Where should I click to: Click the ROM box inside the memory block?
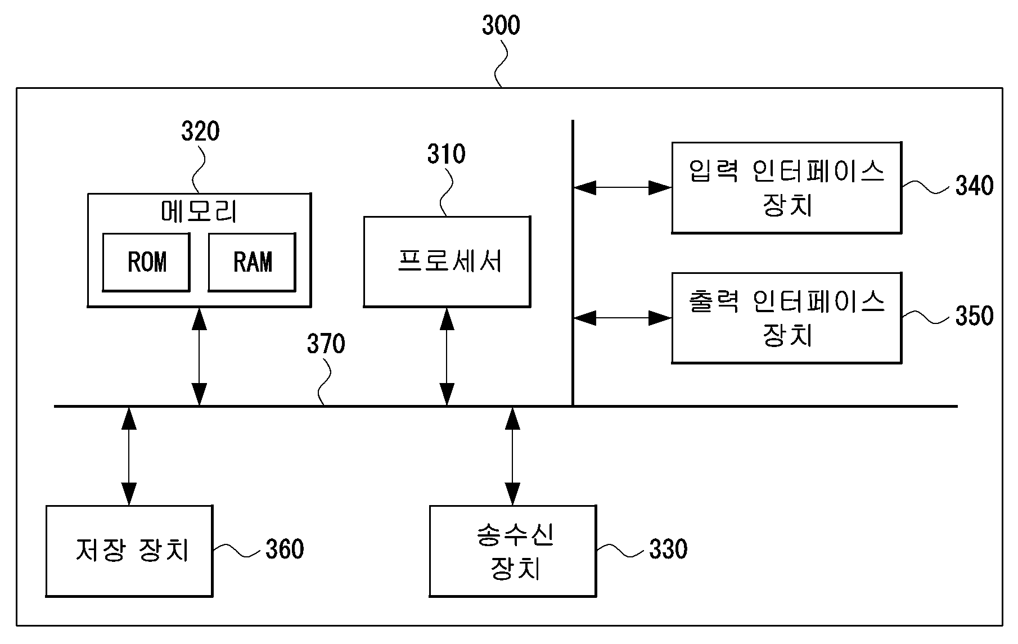click(x=146, y=262)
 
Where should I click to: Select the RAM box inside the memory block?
click(x=252, y=262)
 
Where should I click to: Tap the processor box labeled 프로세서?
click(x=447, y=262)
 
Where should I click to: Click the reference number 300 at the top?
click(x=501, y=26)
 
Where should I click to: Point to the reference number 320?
click(x=200, y=132)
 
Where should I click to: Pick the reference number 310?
click(x=447, y=154)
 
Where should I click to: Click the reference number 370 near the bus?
click(x=326, y=344)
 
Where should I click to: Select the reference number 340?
click(x=975, y=186)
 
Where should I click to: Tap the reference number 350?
click(x=975, y=316)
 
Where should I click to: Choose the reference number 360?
click(x=285, y=550)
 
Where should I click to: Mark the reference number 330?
click(x=668, y=550)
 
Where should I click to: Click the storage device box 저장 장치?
click(x=129, y=551)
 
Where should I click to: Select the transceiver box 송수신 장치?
click(x=513, y=551)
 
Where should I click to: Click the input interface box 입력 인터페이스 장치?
click(x=787, y=187)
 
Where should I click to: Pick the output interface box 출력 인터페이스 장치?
click(x=787, y=318)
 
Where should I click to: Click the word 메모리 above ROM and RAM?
click(x=199, y=212)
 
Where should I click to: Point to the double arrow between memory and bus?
click(x=199, y=357)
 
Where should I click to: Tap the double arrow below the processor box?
click(x=447, y=357)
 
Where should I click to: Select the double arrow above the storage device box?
click(x=129, y=456)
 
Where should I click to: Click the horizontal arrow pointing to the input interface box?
click(x=623, y=187)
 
